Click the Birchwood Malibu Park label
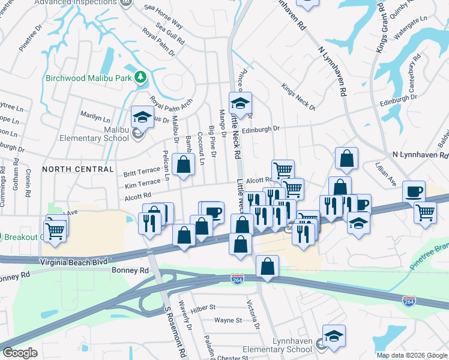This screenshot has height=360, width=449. click(x=88, y=77)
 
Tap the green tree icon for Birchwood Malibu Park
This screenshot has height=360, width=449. click(x=140, y=77)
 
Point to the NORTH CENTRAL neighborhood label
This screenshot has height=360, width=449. click(x=78, y=169)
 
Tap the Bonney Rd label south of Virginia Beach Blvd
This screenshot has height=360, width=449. click(x=125, y=271)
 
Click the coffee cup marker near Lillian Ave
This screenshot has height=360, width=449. click(x=414, y=192)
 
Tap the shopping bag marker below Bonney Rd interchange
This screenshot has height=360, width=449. click(x=267, y=266)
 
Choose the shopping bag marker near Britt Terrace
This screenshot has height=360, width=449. click(x=183, y=164)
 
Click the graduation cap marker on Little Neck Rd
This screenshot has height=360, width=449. click(x=240, y=103)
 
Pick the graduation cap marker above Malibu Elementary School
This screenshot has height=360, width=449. click(x=143, y=116)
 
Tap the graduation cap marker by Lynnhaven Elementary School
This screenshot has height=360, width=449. click(x=334, y=336)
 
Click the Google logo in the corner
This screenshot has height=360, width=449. click(x=20, y=353)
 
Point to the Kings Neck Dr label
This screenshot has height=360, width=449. click(x=298, y=97)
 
